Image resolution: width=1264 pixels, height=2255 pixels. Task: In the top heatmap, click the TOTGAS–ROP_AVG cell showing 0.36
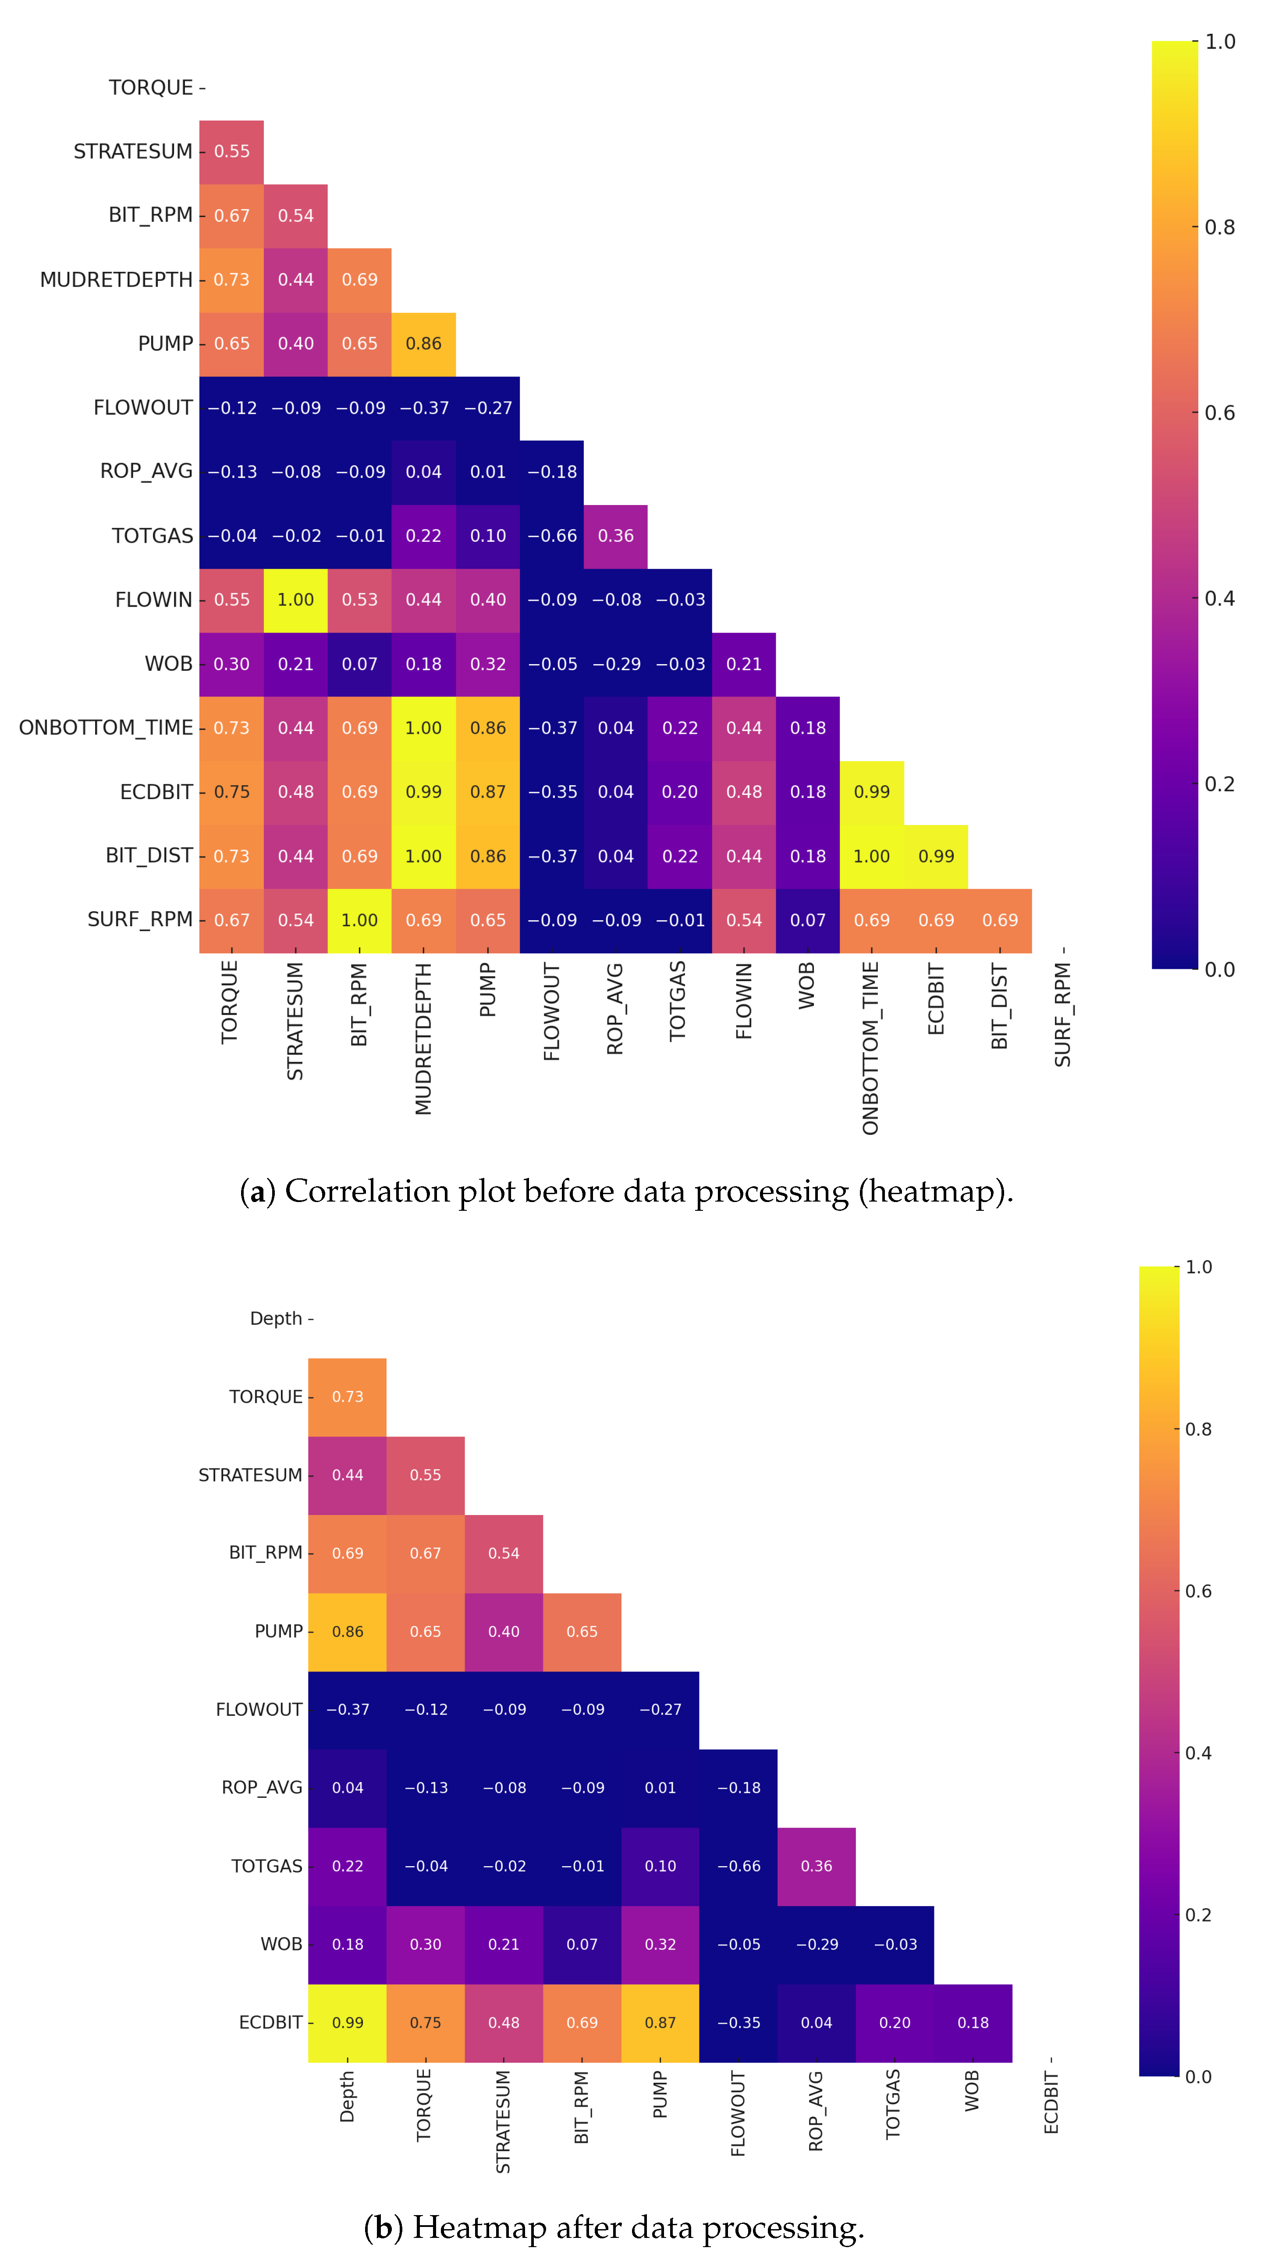click(x=615, y=536)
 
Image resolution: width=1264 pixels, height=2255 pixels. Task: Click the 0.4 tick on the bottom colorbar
click(x=1197, y=1753)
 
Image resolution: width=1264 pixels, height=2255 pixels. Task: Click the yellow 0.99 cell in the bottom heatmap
click(x=348, y=2022)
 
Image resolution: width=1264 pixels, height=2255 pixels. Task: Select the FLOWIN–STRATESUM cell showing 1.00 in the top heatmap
click(x=296, y=600)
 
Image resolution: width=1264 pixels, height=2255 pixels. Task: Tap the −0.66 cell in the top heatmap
click(x=551, y=536)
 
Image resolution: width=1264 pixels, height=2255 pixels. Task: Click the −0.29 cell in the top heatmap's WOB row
click(x=615, y=664)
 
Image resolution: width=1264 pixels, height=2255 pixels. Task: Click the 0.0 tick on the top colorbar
click(x=1218, y=969)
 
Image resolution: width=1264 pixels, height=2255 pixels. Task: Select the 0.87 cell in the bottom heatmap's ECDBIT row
click(x=660, y=2022)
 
